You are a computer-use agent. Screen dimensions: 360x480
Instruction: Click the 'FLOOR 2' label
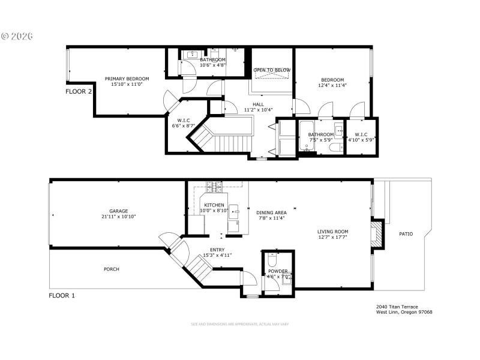point(79,92)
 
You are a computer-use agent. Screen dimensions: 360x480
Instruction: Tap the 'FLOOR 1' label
point(62,295)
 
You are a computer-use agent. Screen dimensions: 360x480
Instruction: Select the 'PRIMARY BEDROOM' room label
point(127,79)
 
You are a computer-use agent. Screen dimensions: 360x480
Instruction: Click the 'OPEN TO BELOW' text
point(272,70)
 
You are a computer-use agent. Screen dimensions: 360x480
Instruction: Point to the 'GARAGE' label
point(118,211)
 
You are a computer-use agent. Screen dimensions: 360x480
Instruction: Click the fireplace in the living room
point(376,233)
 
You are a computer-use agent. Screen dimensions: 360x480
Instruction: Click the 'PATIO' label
point(406,234)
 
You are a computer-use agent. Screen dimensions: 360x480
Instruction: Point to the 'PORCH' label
point(111,269)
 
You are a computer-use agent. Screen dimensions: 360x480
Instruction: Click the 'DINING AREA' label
point(271,212)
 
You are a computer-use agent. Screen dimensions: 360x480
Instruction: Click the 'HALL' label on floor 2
point(258,104)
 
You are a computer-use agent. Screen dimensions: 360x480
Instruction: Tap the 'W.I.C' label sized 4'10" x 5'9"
point(361,134)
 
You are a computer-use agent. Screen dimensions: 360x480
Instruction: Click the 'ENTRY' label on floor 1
point(217,250)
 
